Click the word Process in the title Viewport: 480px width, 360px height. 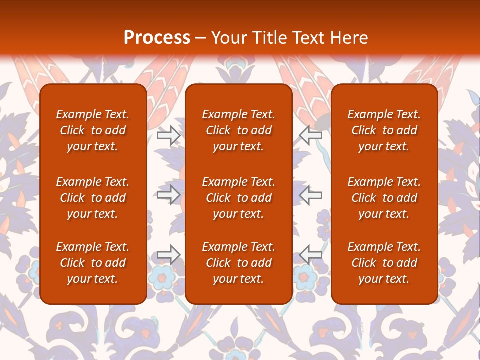(157, 38)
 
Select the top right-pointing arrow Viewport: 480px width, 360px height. (169, 135)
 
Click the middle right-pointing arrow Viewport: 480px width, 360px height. (169, 195)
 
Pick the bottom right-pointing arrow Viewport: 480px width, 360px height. (169, 255)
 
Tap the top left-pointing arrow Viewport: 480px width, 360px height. (310, 135)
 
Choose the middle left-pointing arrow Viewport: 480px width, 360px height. (310, 195)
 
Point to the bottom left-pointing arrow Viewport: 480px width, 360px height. (310, 255)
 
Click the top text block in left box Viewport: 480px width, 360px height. (93, 130)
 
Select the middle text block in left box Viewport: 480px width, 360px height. (93, 198)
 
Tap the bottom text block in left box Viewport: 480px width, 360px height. (93, 263)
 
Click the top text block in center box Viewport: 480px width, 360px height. (239, 130)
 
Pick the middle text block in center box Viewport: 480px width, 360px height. (239, 198)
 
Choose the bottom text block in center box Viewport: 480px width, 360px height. (239, 263)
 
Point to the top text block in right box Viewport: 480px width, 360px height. (384, 130)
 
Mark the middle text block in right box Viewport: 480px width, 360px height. (384, 198)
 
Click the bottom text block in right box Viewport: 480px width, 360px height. (384, 263)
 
